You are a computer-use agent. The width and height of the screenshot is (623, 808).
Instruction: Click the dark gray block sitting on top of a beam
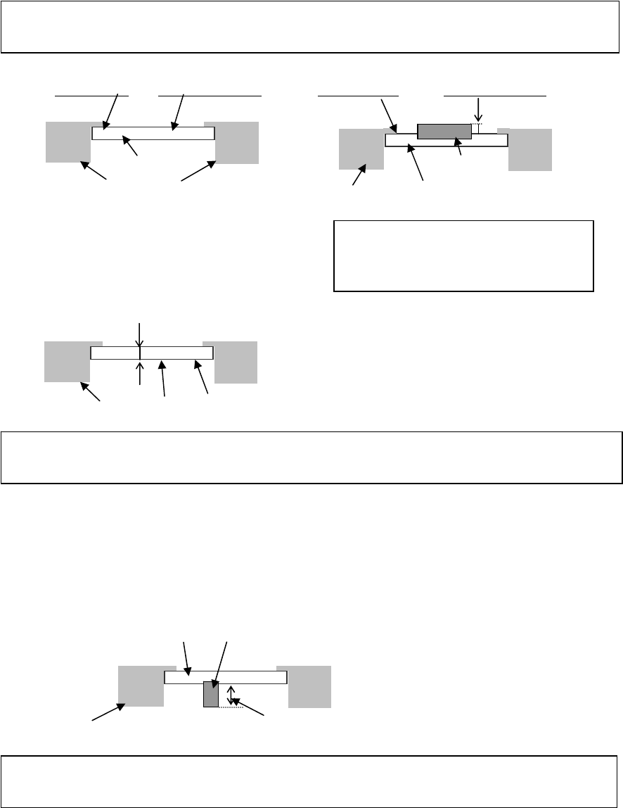[x=444, y=131]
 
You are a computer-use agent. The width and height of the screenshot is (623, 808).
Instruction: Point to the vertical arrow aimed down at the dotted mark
[x=478, y=110]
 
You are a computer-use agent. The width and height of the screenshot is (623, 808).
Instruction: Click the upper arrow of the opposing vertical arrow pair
[x=141, y=334]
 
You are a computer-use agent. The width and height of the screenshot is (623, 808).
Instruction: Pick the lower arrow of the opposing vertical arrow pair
[x=141, y=372]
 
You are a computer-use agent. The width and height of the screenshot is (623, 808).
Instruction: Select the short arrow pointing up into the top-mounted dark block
[x=459, y=146]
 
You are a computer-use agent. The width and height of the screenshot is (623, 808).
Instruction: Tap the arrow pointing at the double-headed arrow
[x=250, y=709]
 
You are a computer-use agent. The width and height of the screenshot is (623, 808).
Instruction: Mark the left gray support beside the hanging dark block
[x=141, y=686]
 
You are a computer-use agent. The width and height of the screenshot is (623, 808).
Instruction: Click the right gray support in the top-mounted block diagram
[x=530, y=150]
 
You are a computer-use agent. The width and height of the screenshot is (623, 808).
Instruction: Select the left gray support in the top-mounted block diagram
[x=361, y=149]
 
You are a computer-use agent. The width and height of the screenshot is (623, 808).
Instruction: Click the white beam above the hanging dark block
[x=253, y=677]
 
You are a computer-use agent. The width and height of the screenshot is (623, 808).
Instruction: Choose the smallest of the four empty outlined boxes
[x=463, y=255]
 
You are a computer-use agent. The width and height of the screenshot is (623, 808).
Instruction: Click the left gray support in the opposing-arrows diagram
[x=67, y=362]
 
